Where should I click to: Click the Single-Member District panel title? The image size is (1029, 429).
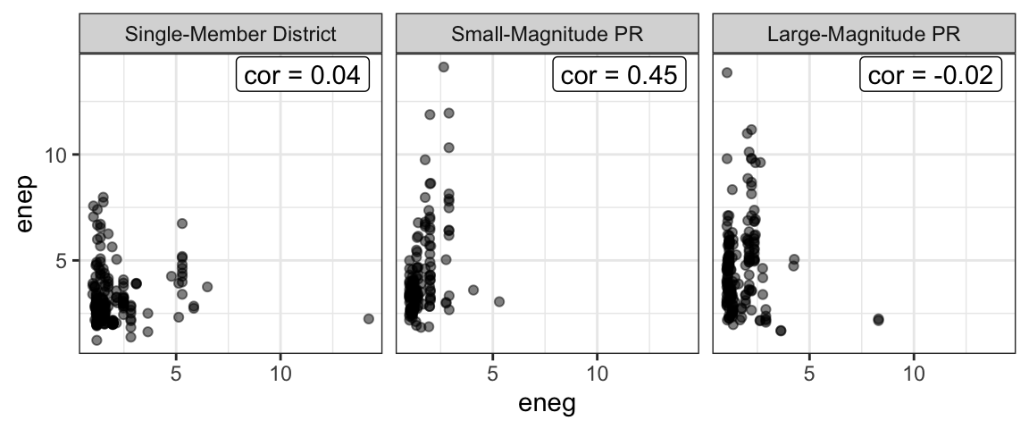point(230,35)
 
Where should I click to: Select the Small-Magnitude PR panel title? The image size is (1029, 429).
point(547,35)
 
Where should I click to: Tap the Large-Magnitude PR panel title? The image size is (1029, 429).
point(864,35)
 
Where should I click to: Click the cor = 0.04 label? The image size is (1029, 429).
point(303,75)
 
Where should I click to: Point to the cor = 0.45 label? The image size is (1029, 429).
point(620,75)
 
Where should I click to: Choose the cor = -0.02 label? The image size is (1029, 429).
point(932,75)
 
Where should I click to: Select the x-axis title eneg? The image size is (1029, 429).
point(547,404)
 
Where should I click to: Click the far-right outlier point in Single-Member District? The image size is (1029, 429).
point(369,318)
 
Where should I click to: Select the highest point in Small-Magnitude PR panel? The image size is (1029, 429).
point(443,67)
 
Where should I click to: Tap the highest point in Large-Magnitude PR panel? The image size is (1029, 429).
point(727,72)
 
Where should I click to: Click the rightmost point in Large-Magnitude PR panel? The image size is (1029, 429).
point(878,319)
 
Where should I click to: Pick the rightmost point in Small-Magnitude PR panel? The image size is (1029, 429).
point(499,301)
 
